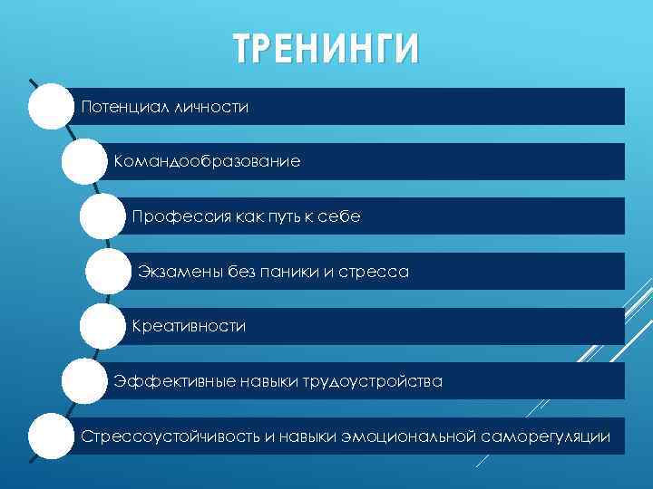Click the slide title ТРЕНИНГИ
point(326,49)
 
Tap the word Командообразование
point(207,162)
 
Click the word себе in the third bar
point(340,217)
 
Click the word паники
point(285,272)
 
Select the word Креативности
point(189,326)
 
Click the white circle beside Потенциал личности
point(50,108)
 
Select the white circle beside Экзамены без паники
point(109,272)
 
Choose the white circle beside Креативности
point(101,327)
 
